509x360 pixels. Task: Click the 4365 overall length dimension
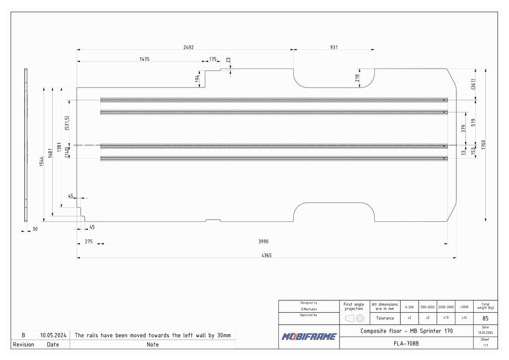(x=266, y=255)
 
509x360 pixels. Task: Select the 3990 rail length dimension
(x=263, y=241)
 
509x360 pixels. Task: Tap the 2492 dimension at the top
(x=188, y=47)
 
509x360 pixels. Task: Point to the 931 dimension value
(x=334, y=47)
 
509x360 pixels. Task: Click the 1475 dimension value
(x=144, y=59)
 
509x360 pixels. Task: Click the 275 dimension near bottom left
(x=88, y=241)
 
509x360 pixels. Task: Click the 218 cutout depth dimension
(x=357, y=78)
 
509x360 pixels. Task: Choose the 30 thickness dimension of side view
(x=35, y=229)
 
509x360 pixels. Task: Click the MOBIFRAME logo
(x=309, y=337)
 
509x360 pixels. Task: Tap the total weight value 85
(x=485, y=318)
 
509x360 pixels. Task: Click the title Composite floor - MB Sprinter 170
(x=407, y=331)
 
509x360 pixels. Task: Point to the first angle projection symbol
(x=354, y=318)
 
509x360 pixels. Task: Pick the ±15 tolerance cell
(x=464, y=318)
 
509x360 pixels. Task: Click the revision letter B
(x=23, y=335)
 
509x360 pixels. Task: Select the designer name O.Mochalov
(x=309, y=309)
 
